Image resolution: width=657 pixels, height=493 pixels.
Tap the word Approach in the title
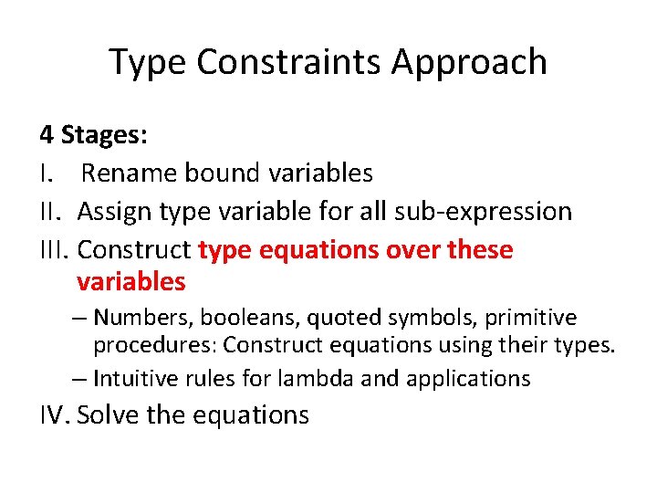(470, 62)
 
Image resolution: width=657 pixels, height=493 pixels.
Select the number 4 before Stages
(46, 136)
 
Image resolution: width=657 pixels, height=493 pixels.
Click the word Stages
(105, 136)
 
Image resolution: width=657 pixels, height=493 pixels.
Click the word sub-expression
(484, 212)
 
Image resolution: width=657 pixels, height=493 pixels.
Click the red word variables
(131, 282)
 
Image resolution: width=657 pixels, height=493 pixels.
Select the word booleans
(248, 318)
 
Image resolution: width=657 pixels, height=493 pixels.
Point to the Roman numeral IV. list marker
(55, 415)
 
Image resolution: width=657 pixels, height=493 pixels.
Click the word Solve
(109, 415)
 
